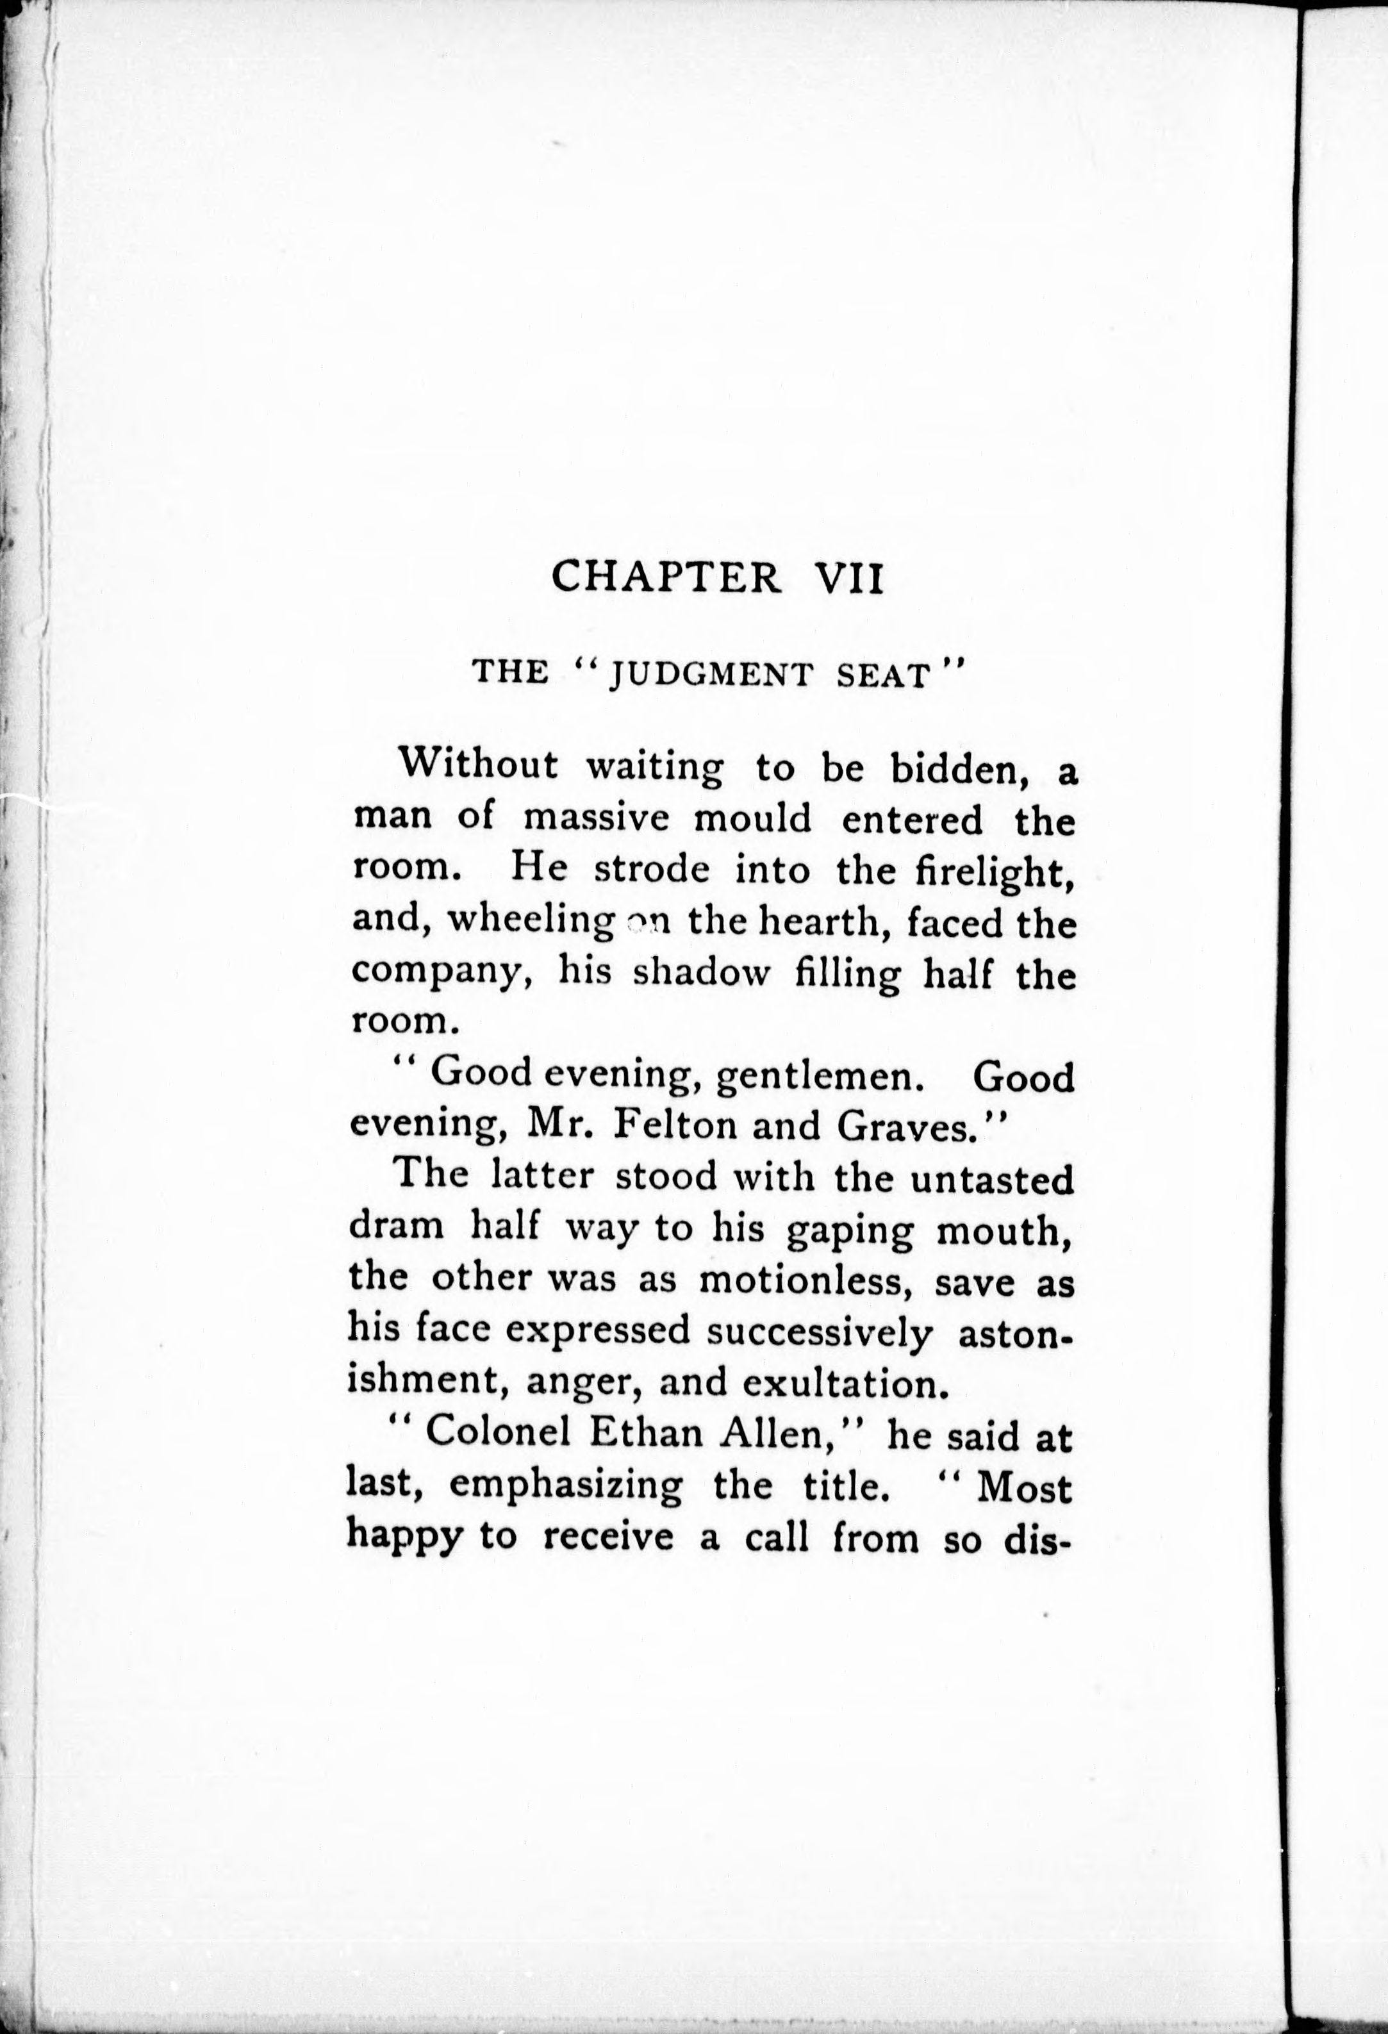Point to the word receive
[608, 1537]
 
